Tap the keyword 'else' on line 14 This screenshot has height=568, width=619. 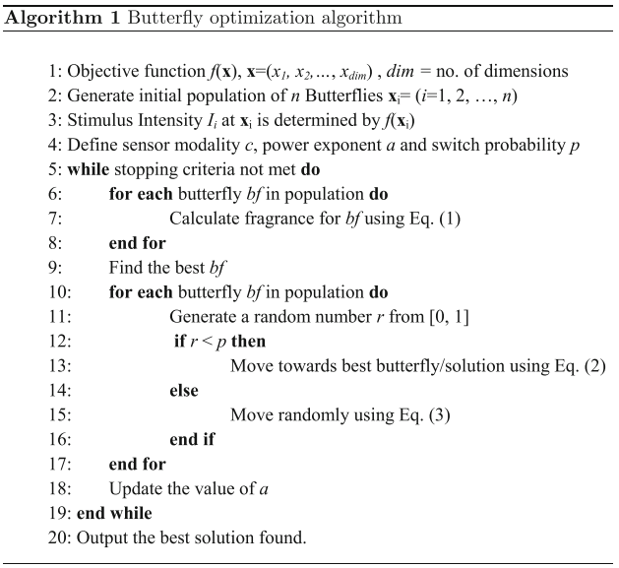[184, 390]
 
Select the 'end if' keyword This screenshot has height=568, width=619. [193, 439]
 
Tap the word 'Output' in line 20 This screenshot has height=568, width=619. [99, 536]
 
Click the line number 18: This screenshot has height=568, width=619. [56, 488]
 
